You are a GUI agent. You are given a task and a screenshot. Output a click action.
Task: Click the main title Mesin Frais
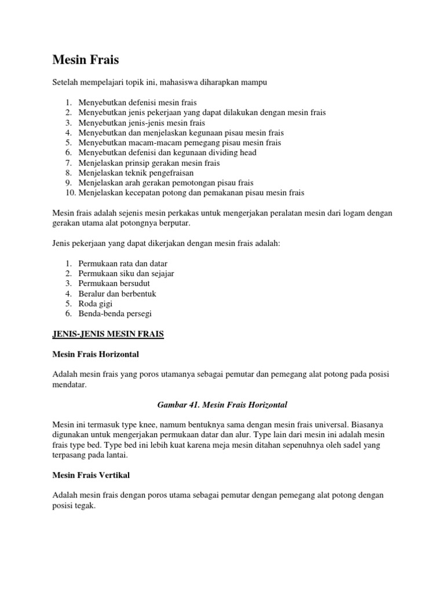pyautogui.click(x=85, y=60)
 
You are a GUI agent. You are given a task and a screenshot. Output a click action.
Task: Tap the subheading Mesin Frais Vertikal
pyautogui.click(x=91, y=475)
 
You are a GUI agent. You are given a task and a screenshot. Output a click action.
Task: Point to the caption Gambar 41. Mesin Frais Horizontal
pyautogui.click(x=222, y=404)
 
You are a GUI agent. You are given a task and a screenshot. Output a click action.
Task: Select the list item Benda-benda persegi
pyautogui.click(x=115, y=313)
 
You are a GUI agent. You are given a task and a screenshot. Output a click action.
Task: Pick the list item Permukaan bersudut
pyautogui.click(x=111, y=283)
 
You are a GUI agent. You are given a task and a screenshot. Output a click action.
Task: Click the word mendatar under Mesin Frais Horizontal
pyautogui.click(x=69, y=384)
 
